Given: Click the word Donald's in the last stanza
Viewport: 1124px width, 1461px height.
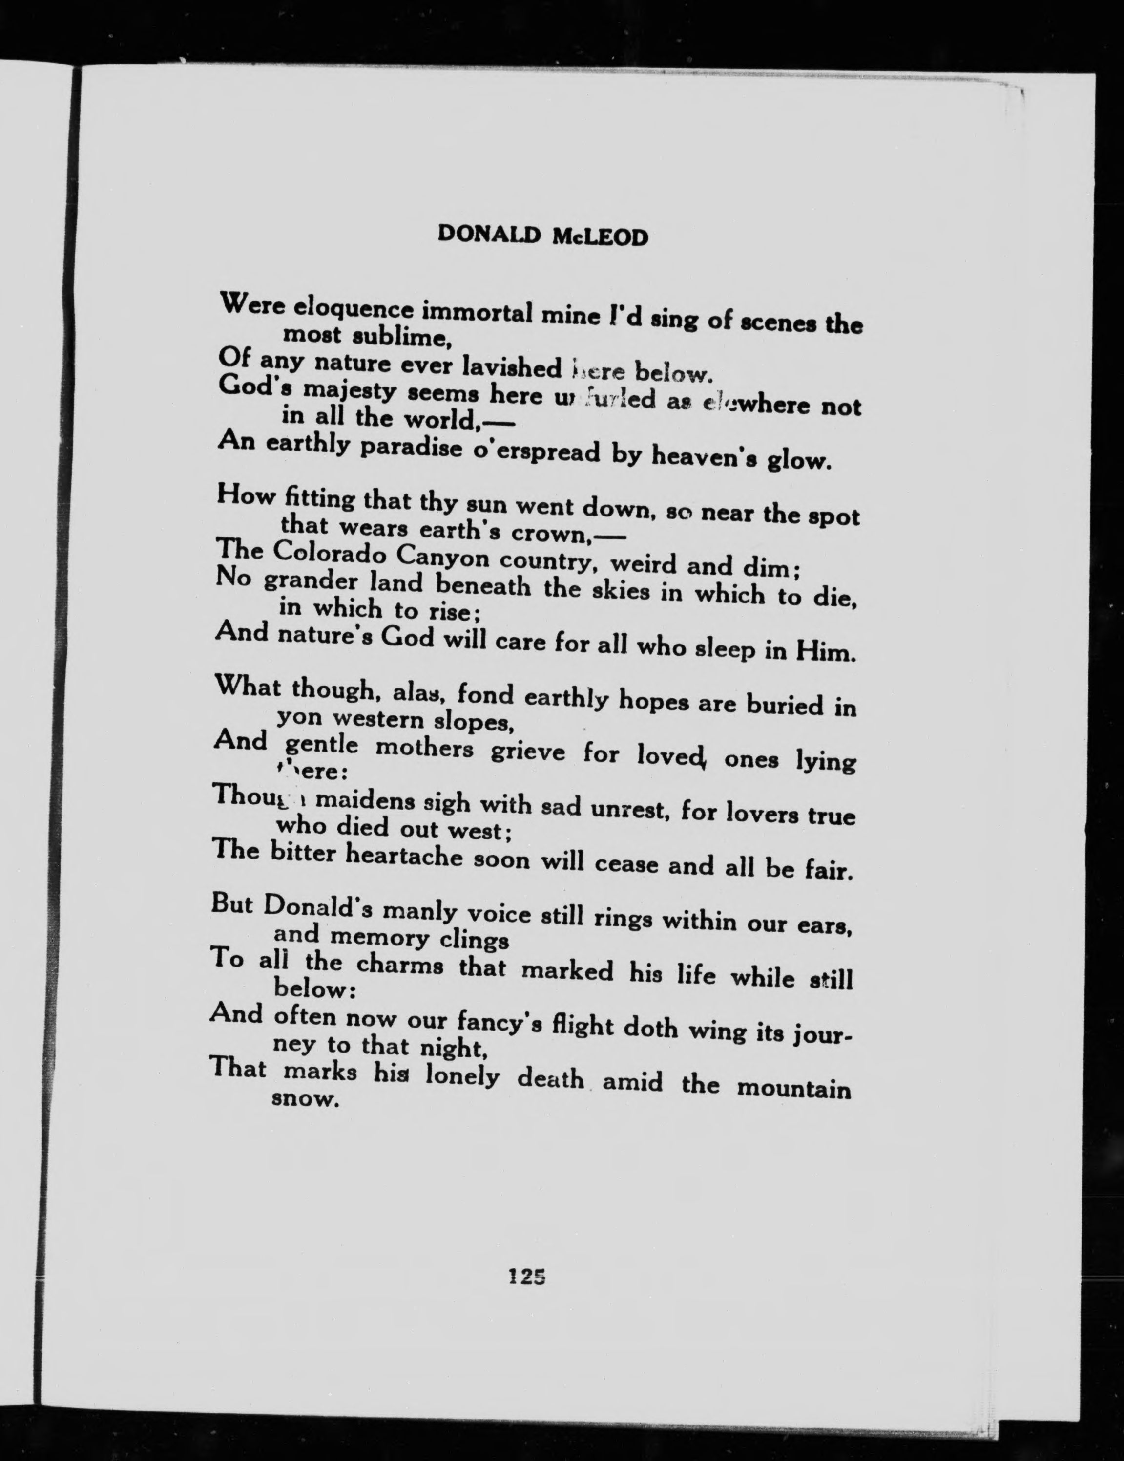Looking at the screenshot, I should point(320,908).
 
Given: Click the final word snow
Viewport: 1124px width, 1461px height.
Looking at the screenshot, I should point(302,1099).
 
